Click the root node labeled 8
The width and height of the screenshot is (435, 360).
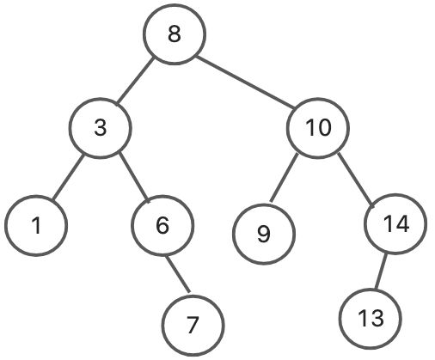coord(175,34)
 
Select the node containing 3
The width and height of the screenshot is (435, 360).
coord(101,128)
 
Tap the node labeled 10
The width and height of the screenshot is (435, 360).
coord(318,128)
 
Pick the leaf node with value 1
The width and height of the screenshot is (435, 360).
coord(36,225)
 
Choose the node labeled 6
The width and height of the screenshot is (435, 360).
coord(162,225)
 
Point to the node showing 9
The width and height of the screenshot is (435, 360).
coord(264,234)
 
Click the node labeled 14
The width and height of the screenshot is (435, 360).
coord(395,224)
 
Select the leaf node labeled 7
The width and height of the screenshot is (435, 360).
coord(193,326)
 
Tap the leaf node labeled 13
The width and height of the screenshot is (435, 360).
coord(371,319)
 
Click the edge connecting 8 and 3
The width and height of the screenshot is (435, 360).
coord(135,82)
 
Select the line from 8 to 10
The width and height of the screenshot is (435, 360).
coord(246,82)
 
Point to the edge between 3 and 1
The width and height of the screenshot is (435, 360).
coord(68,177)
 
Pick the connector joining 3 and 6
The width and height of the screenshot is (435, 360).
coord(134,178)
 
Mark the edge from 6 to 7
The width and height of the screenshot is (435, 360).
coord(178,274)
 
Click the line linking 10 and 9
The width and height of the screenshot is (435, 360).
coord(284,178)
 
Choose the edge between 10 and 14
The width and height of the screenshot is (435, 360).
coord(356,180)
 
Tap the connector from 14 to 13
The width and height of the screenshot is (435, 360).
coord(381,272)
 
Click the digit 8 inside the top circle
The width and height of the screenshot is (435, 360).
coord(175,34)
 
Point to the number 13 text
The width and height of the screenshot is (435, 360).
coord(371,319)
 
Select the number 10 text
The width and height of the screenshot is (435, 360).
coord(318,128)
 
